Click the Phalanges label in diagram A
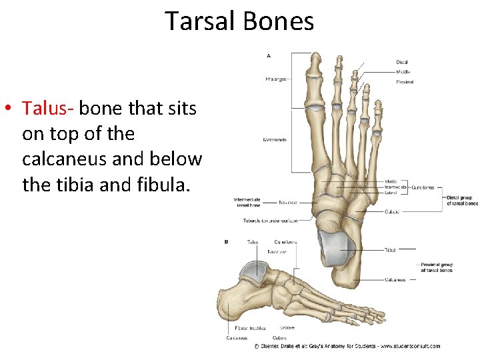pos(275,79)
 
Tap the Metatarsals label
pos(275,140)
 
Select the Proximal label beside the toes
pos(405,82)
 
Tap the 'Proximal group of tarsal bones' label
pos(437,267)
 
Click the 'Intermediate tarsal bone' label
pos(247,202)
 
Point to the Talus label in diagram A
pos(389,250)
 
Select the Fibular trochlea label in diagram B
pos(251,327)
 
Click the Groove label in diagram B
pos(287,327)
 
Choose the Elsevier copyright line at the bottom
pos(347,346)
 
